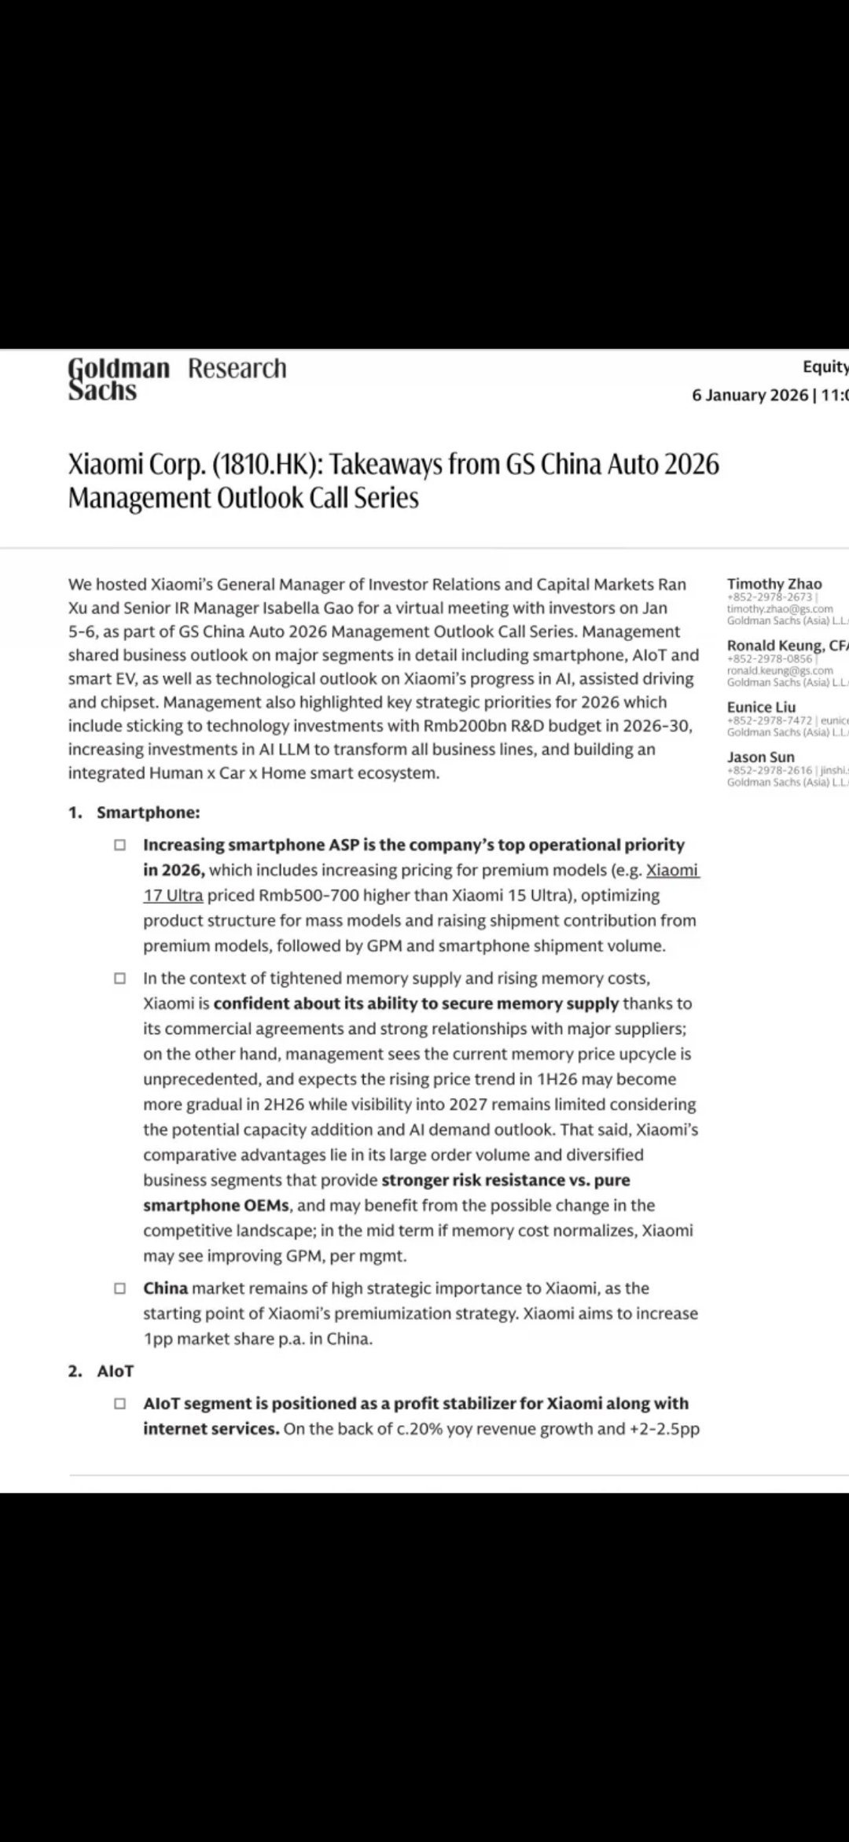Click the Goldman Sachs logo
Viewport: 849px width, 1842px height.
point(118,379)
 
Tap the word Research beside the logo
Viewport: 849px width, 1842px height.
point(237,368)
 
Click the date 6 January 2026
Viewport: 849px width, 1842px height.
point(749,395)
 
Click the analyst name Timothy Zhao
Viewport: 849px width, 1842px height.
point(774,584)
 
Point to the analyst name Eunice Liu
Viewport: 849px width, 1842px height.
point(761,707)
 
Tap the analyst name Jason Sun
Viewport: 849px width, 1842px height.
point(760,757)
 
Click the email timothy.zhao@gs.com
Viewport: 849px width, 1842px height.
point(780,609)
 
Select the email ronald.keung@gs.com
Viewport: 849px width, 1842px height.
point(780,671)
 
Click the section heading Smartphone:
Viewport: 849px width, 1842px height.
point(148,812)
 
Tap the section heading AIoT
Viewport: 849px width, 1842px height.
point(116,1371)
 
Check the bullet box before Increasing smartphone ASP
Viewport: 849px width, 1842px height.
point(119,845)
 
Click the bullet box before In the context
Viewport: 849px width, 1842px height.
point(119,979)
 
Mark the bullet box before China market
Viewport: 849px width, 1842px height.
point(119,1288)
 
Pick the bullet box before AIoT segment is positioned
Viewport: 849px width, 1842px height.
point(119,1403)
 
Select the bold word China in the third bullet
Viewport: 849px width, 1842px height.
point(165,1288)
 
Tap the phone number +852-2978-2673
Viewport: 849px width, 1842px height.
point(770,597)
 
